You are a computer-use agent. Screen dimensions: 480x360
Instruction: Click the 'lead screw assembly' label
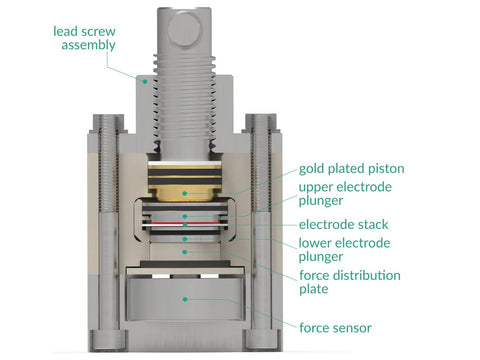coord(84,38)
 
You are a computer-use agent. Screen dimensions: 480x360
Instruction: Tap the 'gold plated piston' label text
coord(351,169)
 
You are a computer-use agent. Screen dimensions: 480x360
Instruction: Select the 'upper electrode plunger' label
coord(345,194)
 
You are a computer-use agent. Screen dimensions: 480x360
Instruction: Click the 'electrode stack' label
coord(343,224)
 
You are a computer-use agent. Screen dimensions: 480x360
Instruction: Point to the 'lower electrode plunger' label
coord(344,250)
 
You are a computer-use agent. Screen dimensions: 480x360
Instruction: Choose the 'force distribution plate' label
coord(350,282)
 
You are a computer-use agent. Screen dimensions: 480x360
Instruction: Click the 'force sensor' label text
coord(335,328)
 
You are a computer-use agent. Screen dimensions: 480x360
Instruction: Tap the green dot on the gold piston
coord(185,193)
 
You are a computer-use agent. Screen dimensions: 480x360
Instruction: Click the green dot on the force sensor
coord(185,299)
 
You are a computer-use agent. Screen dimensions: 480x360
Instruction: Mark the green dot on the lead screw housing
coord(145,81)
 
